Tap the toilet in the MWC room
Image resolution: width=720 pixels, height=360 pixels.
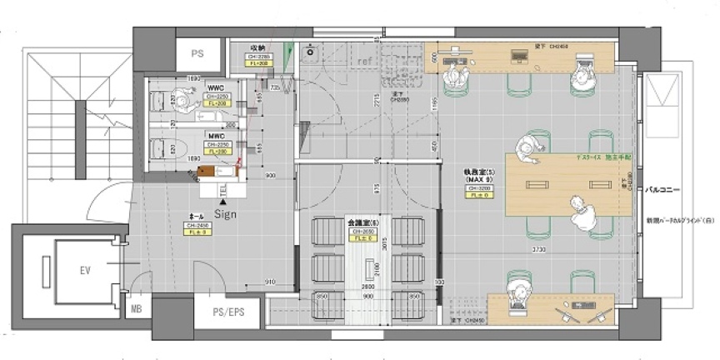click(x=166, y=151)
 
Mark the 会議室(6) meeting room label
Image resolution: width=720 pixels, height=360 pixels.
click(x=362, y=223)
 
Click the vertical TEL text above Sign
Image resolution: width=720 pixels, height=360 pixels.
click(x=223, y=191)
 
